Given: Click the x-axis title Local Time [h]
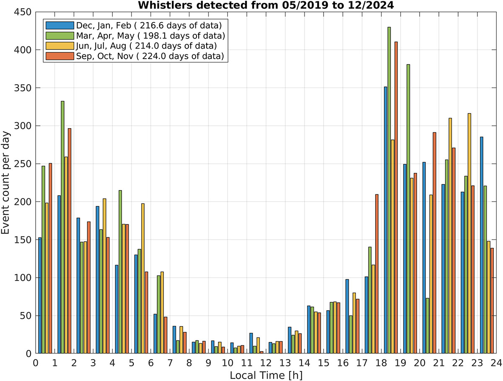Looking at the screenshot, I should click(x=266, y=374).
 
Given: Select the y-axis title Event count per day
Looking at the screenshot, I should click(x=7, y=183).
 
